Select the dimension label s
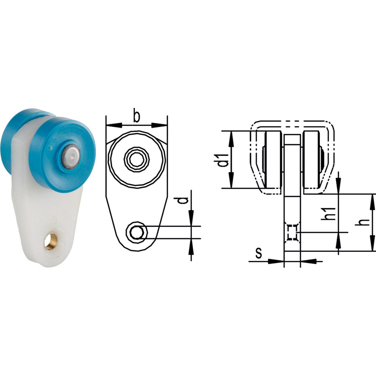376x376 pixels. coord(259,253)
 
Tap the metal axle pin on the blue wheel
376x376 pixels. coord(71,156)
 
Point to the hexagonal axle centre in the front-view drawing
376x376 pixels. coord(137,159)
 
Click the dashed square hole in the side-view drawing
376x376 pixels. coord(292,232)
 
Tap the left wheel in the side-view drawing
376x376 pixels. coord(273,159)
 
